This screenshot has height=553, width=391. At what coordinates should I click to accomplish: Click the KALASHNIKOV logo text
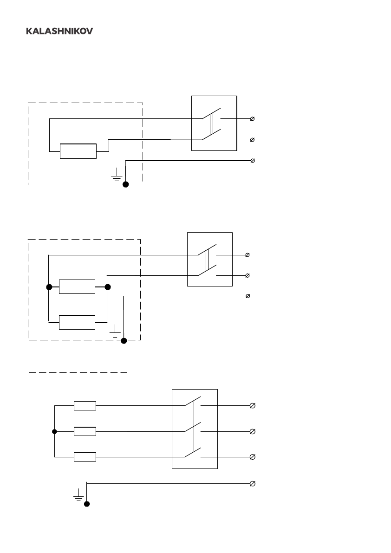click(59, 31)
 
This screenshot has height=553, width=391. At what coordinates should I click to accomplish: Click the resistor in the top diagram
click(78, 151)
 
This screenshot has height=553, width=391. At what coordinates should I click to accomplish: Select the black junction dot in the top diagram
click(125, 184)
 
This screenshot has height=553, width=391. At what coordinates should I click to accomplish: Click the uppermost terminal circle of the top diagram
click(252, 119)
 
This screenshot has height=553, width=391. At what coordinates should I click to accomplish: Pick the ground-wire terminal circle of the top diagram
click(252, 160)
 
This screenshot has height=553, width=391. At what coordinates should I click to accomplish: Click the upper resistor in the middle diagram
click(77, 287)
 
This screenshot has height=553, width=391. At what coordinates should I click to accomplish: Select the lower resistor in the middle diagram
click(77, 321)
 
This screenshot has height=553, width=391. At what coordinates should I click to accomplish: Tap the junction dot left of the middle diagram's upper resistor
click(49, 287)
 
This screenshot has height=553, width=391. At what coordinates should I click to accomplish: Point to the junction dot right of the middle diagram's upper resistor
click(108, 287)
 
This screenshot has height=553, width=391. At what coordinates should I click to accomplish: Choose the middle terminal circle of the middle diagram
click(247, 275)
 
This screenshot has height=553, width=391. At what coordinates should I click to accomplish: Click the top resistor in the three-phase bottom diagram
click(85, 406)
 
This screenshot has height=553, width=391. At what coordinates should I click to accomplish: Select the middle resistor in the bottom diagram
click(85, 431)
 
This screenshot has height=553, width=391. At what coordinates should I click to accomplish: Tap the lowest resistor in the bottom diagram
click(85, 457)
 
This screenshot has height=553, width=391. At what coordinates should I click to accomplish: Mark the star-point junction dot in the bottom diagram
click(54, 431)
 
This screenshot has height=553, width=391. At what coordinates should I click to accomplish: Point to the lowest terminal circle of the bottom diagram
click(252, 484)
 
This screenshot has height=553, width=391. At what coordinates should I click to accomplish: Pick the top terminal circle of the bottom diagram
click(252, 406)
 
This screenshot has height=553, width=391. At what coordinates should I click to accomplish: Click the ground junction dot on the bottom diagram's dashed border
click(86, 504)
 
